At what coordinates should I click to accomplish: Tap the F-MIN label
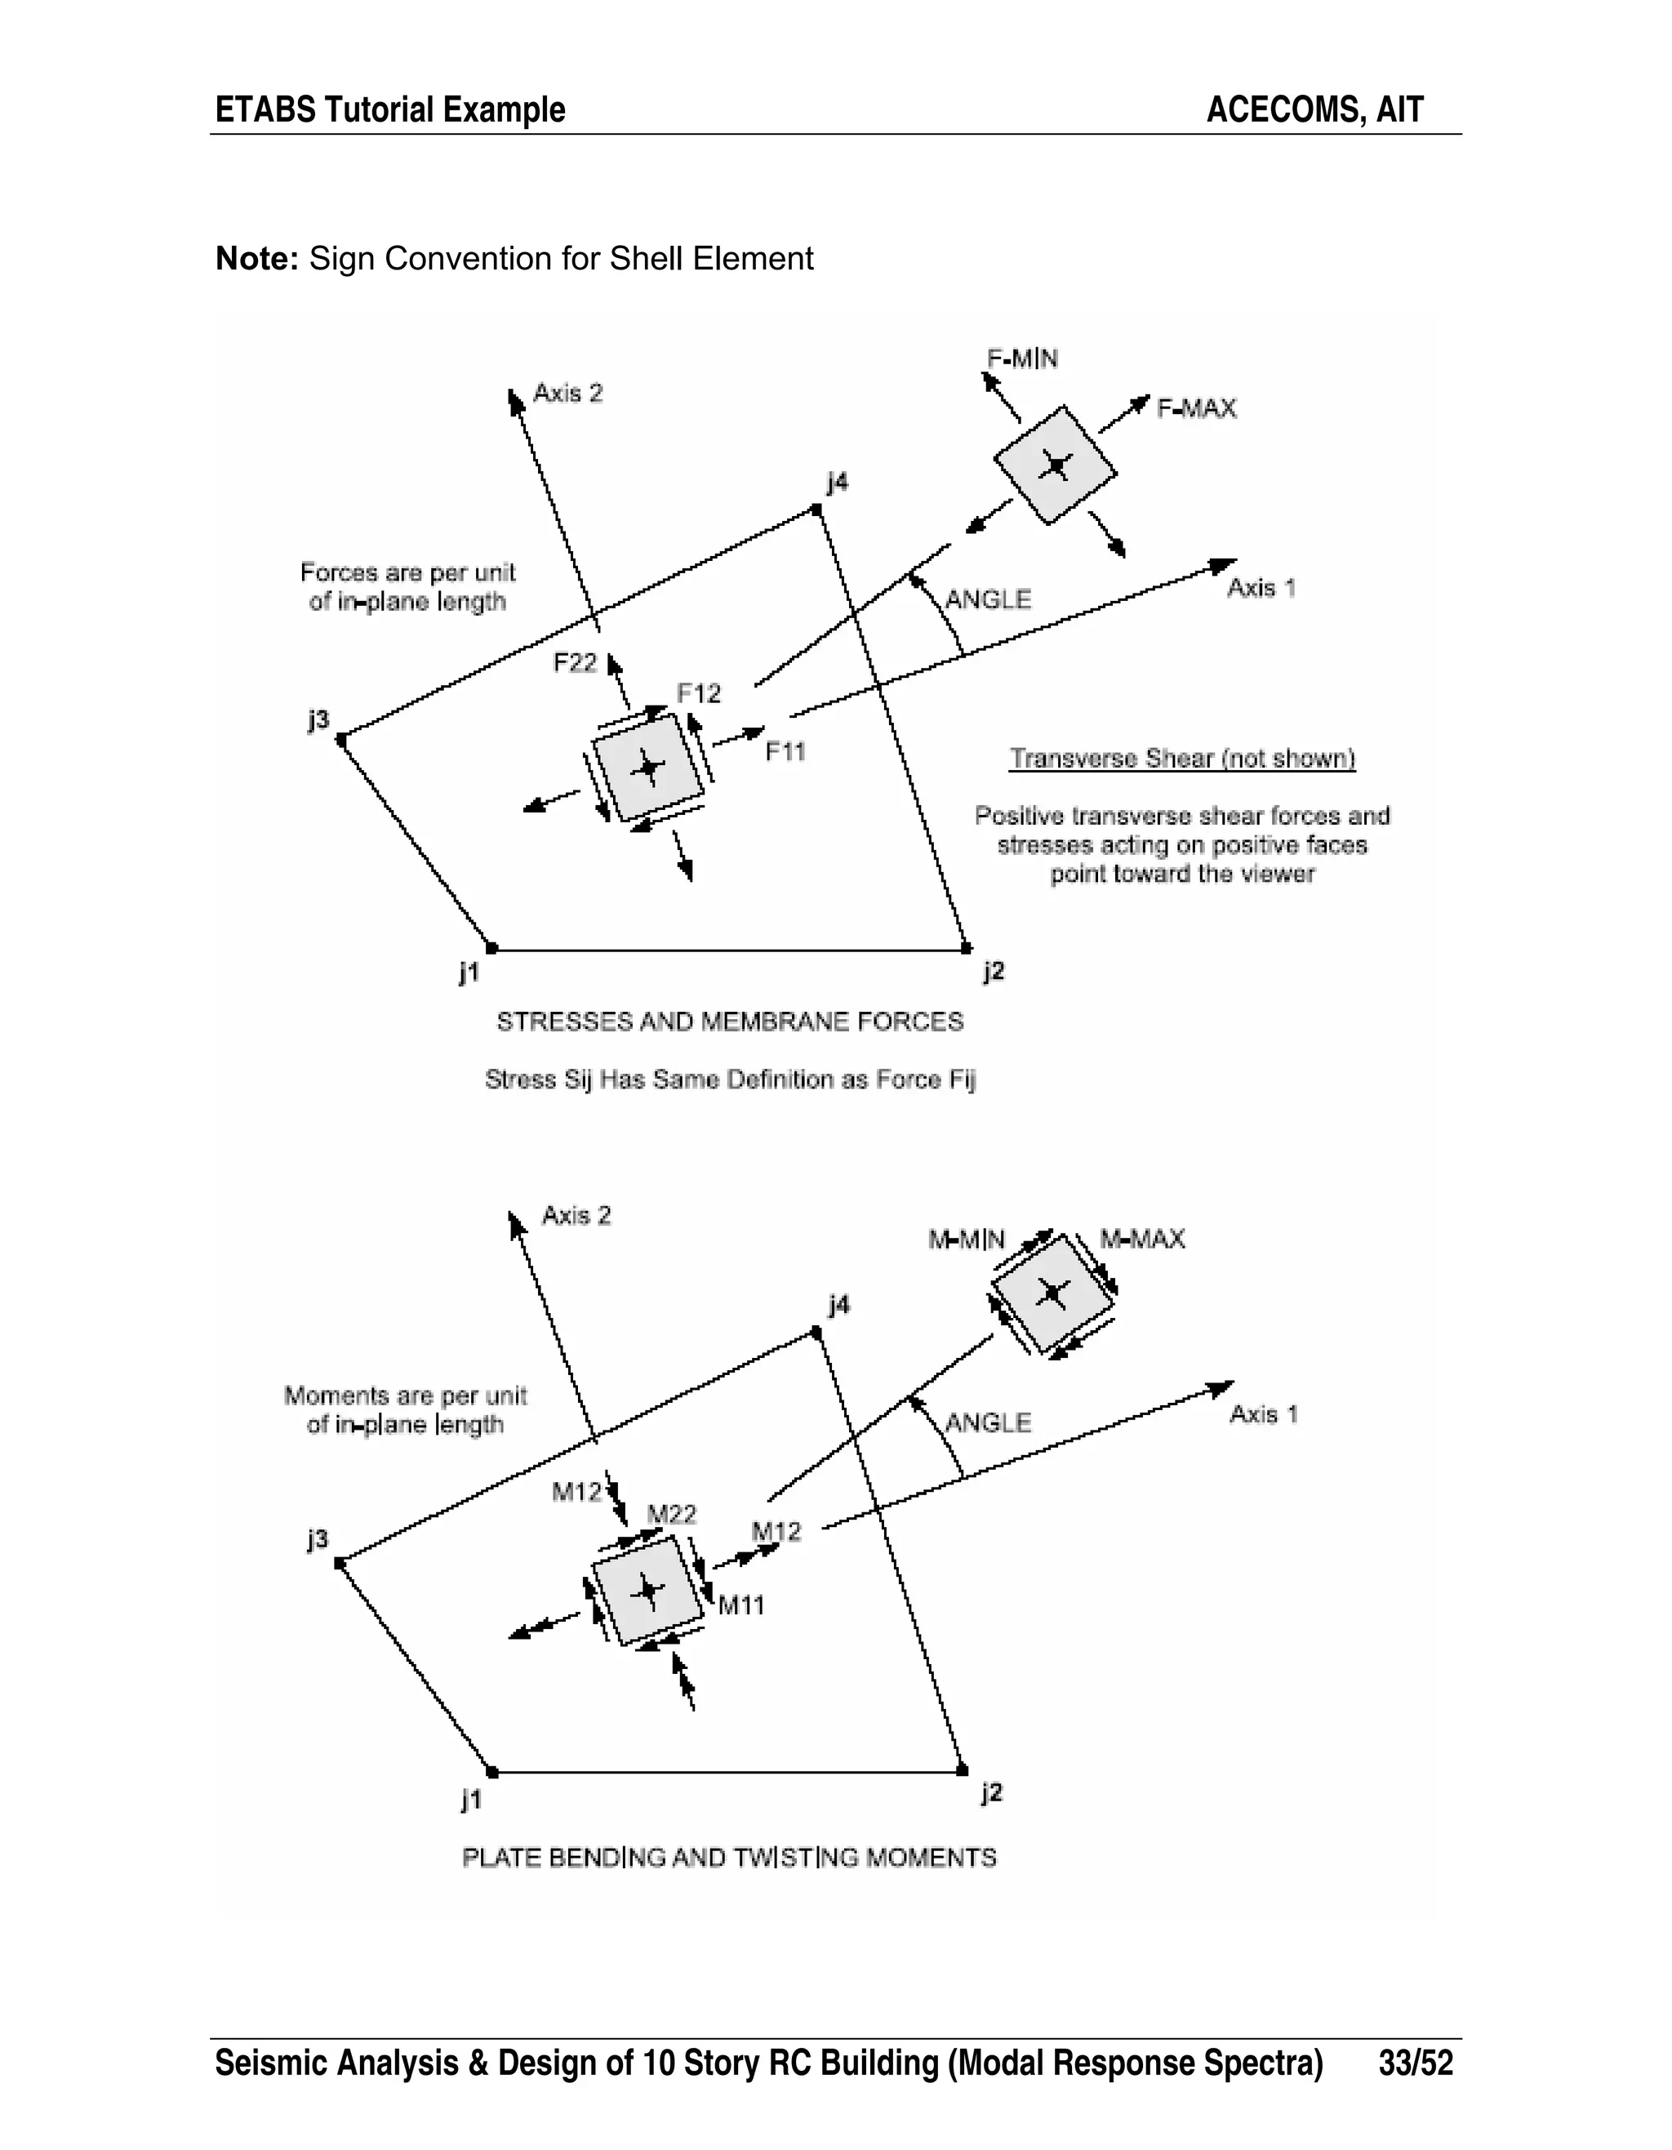point(1022,359)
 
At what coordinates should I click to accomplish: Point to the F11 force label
point(785,752)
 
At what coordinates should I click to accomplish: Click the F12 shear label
point(699,694)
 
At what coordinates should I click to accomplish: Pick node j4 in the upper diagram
point(816,509)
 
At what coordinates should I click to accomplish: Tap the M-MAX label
point(1141,1240)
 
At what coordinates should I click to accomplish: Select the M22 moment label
point(671,1514)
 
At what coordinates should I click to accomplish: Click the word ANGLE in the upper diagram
point(988,599)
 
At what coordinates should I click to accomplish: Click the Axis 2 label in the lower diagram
point(576,1216)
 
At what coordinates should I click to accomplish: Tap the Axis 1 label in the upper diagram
point(1261,589)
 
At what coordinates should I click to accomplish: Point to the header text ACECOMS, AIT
point(1314,109)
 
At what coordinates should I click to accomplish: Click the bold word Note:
point(256,259)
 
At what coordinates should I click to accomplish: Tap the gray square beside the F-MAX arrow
point(1055,465)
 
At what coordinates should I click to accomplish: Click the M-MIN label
point(967,1240)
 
